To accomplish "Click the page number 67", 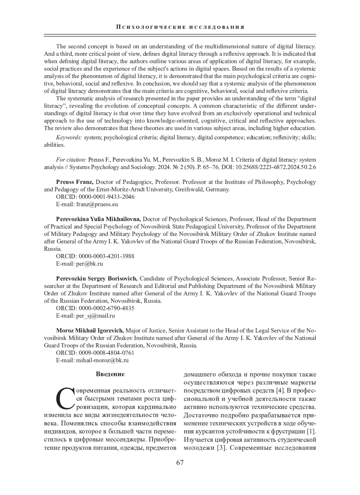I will tap(180, 463).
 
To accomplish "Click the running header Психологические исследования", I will tap(180, 27).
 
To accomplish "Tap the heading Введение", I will tap(110, 374).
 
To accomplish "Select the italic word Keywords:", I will tap(69, 137).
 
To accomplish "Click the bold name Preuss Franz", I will tap(75, 182).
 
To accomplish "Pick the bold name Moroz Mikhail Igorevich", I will tap(90, 330).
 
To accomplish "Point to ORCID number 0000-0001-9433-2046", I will tap(106, 197).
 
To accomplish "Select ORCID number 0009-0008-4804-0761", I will tap(106, 353).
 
